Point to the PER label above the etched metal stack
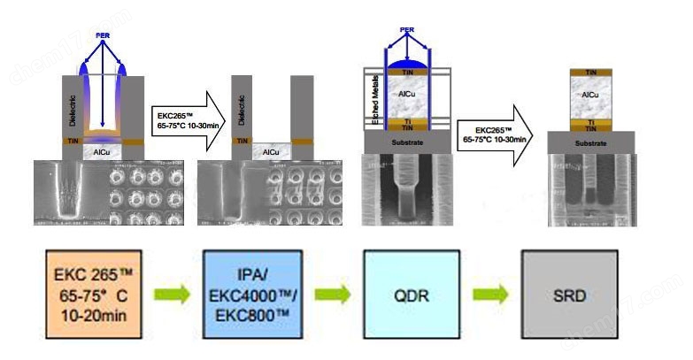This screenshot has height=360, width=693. (407, 30)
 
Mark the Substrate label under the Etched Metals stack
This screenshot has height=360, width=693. (407, 140)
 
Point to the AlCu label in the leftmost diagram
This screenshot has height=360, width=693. (100, 152)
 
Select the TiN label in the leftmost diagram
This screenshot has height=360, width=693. (71, 140)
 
